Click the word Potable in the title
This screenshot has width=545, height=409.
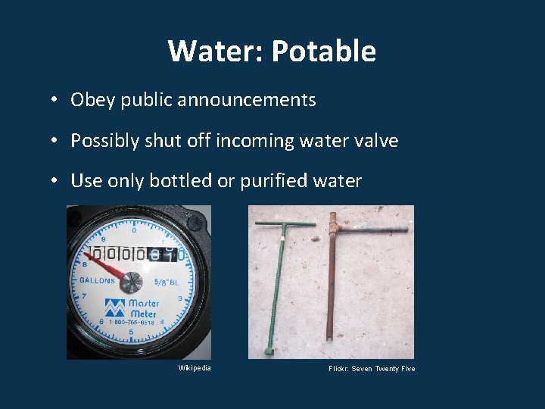pyautogui.click(x=323, y=52)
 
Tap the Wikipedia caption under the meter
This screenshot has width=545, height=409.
pyautogui.click(x=195, y=367)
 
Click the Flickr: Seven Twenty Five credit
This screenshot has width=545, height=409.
pyautogui.click(x=372, y=369)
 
